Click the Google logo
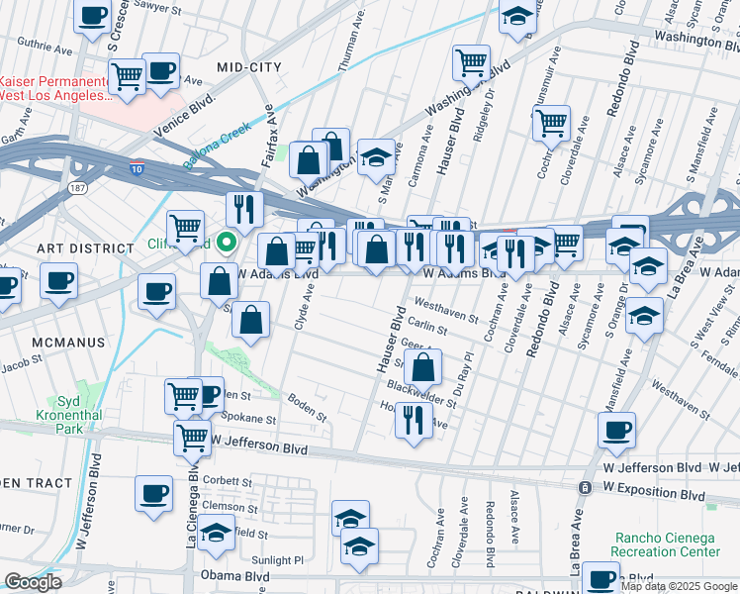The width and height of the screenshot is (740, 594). pyautogui.click(x=33, y=582)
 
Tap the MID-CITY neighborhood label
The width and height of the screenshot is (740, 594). pyautogui.click(x=249, y=66)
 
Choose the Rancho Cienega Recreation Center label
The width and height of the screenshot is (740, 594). pyautogui.click(x=667, y=544)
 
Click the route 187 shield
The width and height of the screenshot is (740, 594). pyautogui.click(x=75, y=186)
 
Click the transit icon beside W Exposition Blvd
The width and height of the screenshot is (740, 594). pyautogui.click(x=587, y=488)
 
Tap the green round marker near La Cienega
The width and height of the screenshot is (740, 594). pyautogui.click(x=227, y=241)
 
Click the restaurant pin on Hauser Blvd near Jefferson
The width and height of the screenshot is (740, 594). pyautogui.click(x=413, y=419)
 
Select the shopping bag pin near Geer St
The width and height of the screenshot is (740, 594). pyautogui.click(x=422, y=367)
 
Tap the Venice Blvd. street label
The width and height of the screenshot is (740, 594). pyautogui.click(x=184, y=117)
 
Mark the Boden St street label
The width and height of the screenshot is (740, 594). pyautogui.click(x=307, y=407)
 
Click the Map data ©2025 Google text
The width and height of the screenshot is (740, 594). pyautogui.click(x=679, y=586)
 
